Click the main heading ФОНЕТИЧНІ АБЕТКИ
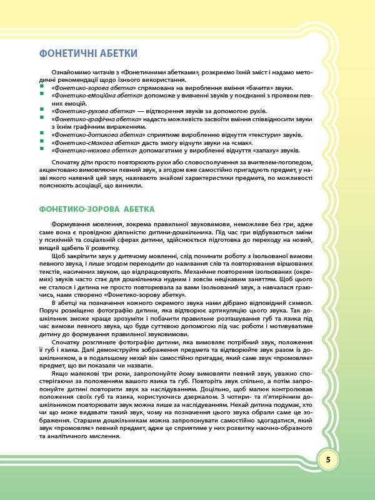[x=88, y=53]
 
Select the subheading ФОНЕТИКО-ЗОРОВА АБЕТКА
[x=96, y=208]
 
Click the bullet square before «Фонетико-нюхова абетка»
[x=40, y=151]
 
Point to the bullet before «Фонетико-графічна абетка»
[x=40, y=119]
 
